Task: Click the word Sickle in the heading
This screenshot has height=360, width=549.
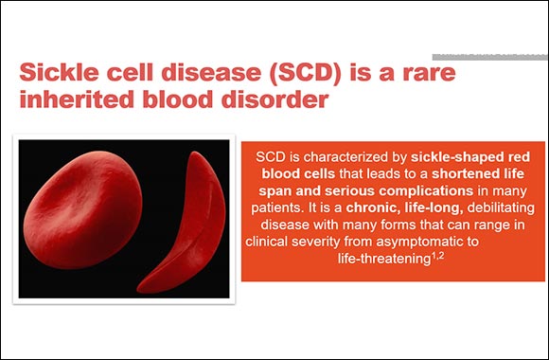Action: (60, 74)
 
